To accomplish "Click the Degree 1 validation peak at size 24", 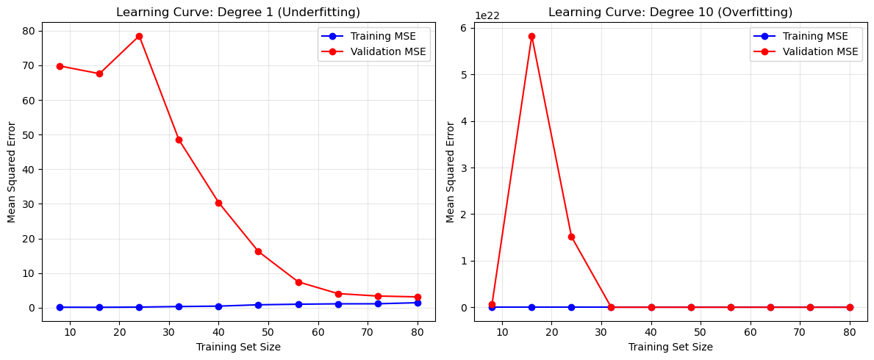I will point(139,36).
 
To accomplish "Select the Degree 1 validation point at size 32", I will point(179,140).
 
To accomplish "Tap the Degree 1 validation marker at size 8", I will point(60,66).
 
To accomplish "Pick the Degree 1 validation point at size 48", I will point(258,251).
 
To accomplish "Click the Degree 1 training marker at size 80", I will point(418,303).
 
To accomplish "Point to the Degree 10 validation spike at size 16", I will point(531,36).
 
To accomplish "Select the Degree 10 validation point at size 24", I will point(571,237).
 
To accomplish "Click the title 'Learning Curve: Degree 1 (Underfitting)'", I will point(238,12).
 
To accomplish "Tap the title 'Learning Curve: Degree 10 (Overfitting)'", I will point(670,12).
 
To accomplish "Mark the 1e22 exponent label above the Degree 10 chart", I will point(487,15).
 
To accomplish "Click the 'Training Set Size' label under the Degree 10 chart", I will point(670,347).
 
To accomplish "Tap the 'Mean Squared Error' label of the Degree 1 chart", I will point(12,171).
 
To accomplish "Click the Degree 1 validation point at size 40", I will point(218,203).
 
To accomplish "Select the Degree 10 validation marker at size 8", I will point(492,304).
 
